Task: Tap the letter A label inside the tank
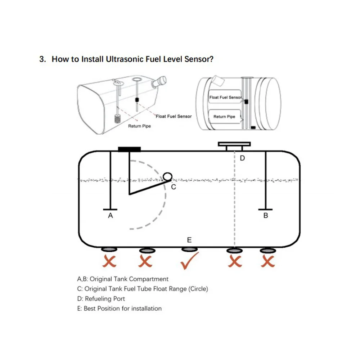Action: pos(111,216)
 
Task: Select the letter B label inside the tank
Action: pos(266,216)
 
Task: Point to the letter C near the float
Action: pos(173,187)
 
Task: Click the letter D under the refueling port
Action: pos(242,158)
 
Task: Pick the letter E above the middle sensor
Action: pos(189,240)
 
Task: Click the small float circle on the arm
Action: pos(167,176)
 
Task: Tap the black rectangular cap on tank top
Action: pos(130,149)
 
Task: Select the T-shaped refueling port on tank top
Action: pos(234,145)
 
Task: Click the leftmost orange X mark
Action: pos(110,262)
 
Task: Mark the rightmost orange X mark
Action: pos(266,262)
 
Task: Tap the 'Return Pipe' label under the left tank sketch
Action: pos(139,126)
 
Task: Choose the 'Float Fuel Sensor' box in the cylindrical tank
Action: pos(225,98)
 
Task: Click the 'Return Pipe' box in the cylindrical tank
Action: pos(224,117)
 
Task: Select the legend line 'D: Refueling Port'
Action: pos(101,298)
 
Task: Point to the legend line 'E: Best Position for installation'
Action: pos(120,308)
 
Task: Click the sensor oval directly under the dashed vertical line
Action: pos(234,250)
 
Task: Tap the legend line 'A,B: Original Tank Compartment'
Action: pos(123,279)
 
